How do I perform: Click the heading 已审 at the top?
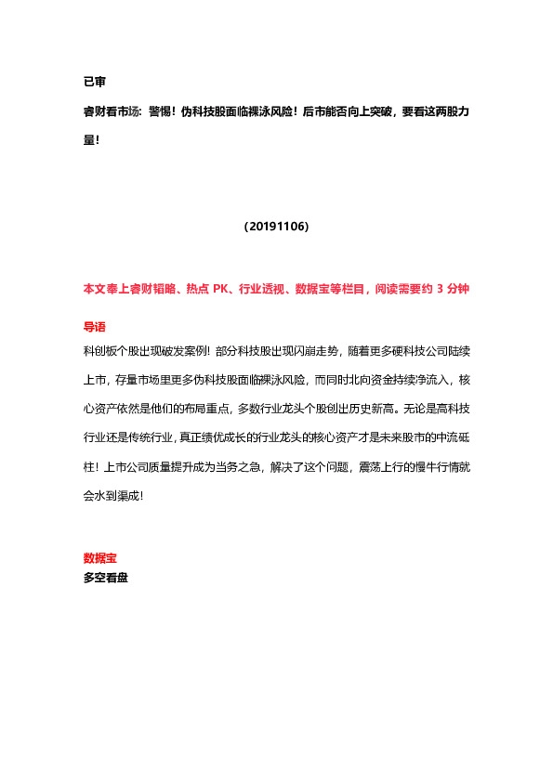(x=94, y=83)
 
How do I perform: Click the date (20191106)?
(x=276, y=227)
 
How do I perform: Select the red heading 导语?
(x=94, y=327)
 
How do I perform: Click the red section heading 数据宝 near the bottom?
(x=99, y=558)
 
